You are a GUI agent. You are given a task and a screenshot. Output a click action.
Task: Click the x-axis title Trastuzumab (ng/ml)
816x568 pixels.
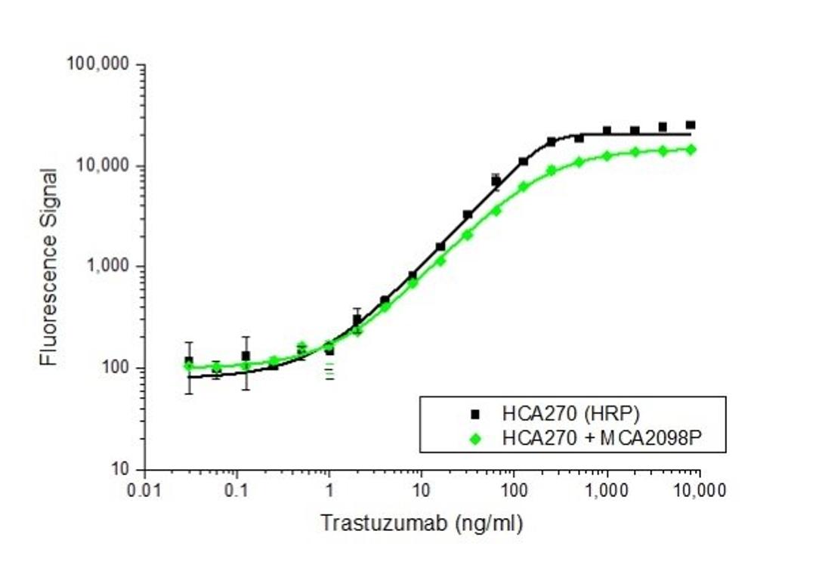[x=421, y=523]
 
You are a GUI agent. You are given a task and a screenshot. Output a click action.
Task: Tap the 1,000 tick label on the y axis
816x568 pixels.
[x=110, y=267]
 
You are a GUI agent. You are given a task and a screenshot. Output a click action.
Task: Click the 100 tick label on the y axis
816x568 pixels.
[x=117, y=369]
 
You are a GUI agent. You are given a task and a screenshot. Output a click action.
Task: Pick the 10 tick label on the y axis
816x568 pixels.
[x=121, y=470]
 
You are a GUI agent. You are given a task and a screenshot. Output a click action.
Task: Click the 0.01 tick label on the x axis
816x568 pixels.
[x=144, y=491]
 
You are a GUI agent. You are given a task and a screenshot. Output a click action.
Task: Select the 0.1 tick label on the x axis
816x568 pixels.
[x=236, y=491]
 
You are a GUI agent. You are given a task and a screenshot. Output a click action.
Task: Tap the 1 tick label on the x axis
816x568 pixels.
[x=329, y=491]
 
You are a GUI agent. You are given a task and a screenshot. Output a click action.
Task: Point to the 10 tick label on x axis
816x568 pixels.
[x=422, y=491]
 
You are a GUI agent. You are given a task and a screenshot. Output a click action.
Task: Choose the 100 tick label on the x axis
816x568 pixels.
[x=515, y=491]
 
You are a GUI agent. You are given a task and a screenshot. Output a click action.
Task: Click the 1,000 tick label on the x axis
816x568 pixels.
[x=607, y=491]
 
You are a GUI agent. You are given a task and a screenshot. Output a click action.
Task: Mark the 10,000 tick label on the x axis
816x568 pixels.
[x=699, y=491]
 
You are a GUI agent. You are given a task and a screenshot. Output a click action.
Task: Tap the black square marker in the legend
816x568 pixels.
[x=475, y=414]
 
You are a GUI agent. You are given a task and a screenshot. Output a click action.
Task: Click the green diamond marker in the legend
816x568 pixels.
[x=475, y=437]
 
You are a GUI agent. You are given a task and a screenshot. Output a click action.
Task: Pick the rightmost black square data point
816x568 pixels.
[x=691, y=125]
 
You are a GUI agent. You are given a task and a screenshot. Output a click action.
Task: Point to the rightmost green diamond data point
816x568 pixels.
[x=691, y=150]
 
